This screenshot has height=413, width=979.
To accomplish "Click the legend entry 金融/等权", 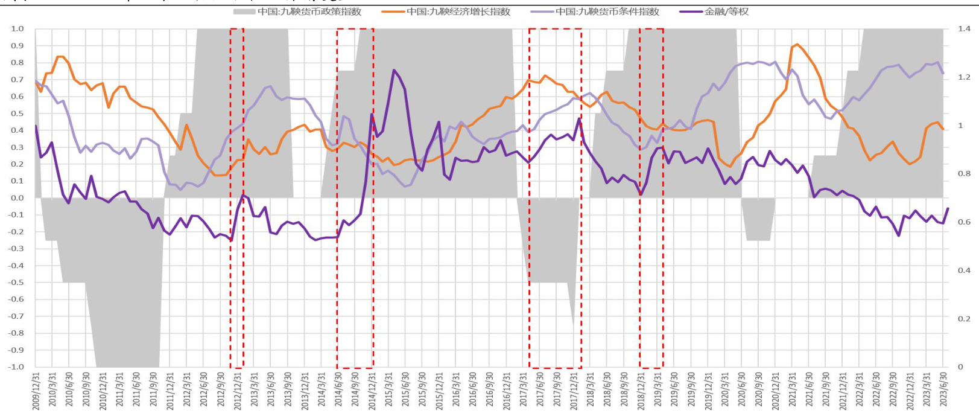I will [x=726, y=11].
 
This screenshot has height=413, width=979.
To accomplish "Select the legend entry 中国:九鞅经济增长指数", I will [x=458, y=11].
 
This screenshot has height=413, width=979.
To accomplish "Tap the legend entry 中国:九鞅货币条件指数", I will [x=607, y=11].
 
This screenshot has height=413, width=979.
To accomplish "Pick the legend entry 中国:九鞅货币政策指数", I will [x=309, y=11].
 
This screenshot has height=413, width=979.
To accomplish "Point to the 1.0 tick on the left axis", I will [x=17, y=28].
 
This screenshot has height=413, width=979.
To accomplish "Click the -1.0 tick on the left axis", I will [x=16, y=367].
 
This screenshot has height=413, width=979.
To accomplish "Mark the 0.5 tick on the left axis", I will [x=17, y=113].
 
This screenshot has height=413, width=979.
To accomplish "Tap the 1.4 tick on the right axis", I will [x=964, y=28].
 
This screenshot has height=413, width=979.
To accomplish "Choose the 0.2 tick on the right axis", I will [x=964, y=318].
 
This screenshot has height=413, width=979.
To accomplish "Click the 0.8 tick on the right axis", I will [x=964, y=173].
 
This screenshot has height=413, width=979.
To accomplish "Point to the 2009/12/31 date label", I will [x=36, y=391].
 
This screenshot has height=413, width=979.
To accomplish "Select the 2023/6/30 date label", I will [x=943, y=391].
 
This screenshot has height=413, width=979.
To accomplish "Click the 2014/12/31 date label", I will [x=372, y=391].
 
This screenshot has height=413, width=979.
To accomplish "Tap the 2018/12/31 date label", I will [x=641, y=391].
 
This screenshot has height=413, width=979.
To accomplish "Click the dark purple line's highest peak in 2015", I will [x=394, y=70].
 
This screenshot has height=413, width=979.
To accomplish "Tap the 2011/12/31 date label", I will [x=171, y=391].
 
